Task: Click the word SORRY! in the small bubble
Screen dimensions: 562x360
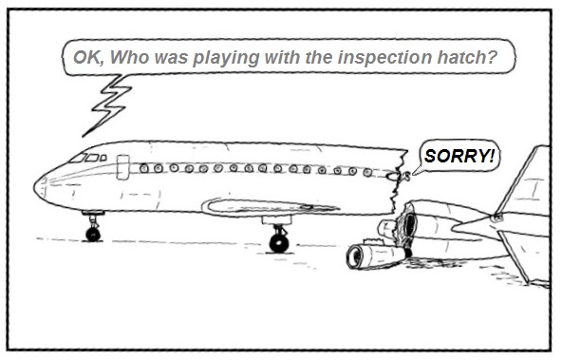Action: click(x=459, y=156)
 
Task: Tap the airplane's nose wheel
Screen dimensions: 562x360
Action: click(x=93, y=233)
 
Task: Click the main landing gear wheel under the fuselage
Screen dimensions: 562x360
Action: click(x=278, y=242)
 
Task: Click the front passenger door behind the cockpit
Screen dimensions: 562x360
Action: click(x=122, y=167)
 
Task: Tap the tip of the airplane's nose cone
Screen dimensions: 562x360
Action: click(x=37, y=185)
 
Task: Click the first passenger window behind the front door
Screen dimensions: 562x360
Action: click(x=144, y=168)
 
